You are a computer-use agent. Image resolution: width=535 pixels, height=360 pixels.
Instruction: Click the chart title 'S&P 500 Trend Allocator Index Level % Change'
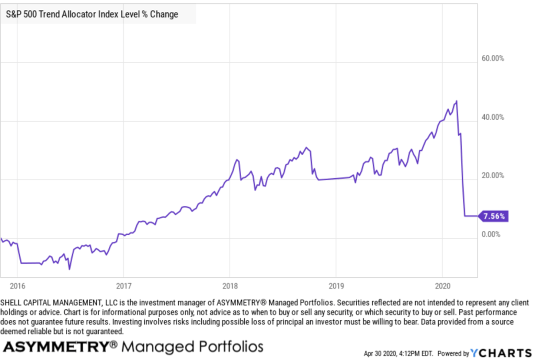click(x=92, y=14)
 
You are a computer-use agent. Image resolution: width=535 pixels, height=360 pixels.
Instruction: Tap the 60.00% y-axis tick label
click(x=492, y=59)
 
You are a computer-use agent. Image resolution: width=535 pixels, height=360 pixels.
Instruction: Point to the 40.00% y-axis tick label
click(x=492, y=117)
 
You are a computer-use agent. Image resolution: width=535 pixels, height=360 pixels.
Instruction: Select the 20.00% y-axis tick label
click(x=492, y=176)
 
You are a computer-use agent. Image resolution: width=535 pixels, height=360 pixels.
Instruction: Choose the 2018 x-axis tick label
click(x=229, y=286)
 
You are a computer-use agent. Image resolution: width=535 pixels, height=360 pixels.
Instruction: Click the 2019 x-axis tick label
click(x=335, y=286)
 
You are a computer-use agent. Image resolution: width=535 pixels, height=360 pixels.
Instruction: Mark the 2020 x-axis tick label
click(x=442, y=286)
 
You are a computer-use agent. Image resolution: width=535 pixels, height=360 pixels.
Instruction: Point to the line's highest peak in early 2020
click(x=457, y=101)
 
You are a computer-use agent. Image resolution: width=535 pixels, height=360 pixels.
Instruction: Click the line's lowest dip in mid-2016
click(x=70, y=270)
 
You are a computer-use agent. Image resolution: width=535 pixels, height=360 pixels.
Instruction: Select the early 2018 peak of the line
click(x=237, y=159)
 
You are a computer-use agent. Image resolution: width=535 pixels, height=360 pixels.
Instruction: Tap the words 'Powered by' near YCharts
click(x=453, y=354)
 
